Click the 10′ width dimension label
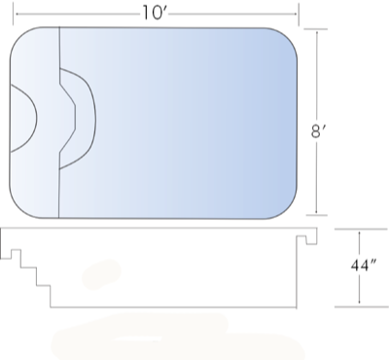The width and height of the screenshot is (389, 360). [155, 14]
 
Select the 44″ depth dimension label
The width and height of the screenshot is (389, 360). [363, 266]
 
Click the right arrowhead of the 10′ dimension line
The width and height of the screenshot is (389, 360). [294, 14]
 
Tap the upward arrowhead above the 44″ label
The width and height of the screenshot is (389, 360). [359, 234]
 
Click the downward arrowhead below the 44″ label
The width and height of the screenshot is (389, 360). [359, 302]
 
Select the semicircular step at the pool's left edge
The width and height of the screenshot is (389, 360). [36, 119]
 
